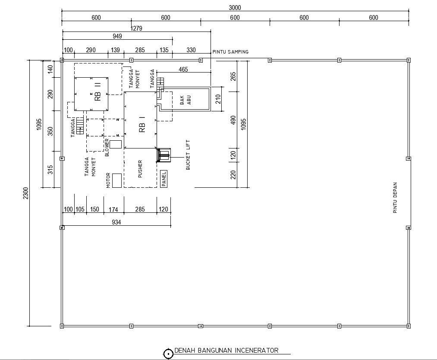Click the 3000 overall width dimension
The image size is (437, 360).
tap(235, 7)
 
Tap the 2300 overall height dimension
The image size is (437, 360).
tap(25, 193)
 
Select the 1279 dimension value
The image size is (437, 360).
tap(136, 28)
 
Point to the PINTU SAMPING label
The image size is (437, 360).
tap(230, 52)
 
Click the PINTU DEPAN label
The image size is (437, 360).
tap(395, 198)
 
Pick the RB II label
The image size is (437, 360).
tap(97, 92)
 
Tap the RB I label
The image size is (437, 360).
tap(142, 124)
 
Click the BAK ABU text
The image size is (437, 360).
tap(185, 100)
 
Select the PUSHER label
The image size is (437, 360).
tap(140, 169)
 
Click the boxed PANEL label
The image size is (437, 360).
tap(164, 179)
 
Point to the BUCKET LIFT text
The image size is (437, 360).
tap(188, 155)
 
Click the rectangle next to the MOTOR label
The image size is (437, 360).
tap(117, 181)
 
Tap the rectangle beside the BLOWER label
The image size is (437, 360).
tap(116, 144)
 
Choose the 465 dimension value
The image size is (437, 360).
tap(183, 69)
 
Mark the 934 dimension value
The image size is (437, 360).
tap(116, 222)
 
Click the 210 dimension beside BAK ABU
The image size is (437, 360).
tap(218, 99)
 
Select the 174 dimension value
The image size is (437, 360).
tap(113, 209)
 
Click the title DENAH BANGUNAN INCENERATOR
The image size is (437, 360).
tap(226, 350)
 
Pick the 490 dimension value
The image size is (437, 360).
tap(233, 120)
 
